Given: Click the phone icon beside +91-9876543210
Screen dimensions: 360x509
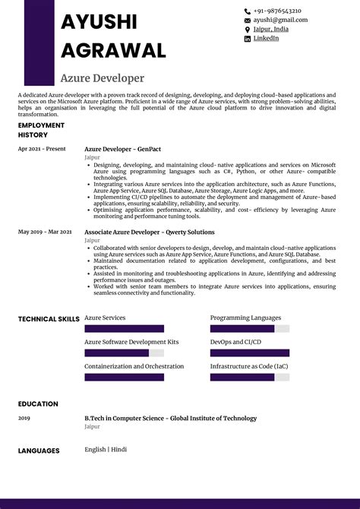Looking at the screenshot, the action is [248, 11].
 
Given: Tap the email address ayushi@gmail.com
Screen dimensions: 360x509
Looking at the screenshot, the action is [280, 20].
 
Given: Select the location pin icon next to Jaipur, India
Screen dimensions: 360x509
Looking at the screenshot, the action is [248, 29].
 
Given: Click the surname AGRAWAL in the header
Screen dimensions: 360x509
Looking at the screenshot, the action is [113, 51].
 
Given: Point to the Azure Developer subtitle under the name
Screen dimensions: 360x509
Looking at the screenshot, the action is [103, 77].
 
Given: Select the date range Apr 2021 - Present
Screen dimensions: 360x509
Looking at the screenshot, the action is [42, 150].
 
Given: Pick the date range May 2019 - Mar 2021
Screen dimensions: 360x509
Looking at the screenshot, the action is [45, 232].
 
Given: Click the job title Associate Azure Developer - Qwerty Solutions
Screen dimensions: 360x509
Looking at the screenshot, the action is [150, 232].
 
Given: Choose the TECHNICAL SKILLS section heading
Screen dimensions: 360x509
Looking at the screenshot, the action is [49, 319].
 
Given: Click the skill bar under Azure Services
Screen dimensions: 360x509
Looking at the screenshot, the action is [124, 329].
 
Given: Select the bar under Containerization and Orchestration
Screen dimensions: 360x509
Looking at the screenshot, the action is [124, 377].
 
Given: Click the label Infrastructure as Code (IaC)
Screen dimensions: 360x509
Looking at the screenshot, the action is [249, 366].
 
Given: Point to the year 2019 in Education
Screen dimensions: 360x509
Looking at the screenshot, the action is [24, 419].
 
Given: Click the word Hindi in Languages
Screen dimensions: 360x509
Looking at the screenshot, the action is [119, 450].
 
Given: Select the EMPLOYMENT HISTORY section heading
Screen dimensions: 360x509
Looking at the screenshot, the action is [42, 130].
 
